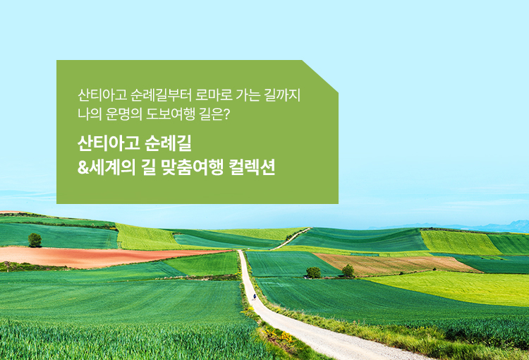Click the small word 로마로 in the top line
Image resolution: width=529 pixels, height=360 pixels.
[x=224, y=95]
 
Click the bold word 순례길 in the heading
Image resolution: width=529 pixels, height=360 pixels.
[x=167, y=143]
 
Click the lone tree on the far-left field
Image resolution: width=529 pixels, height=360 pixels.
[x=35, y=240]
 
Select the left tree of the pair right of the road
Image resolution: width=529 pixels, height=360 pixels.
[x=314, y=272]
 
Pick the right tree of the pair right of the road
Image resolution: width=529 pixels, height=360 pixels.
[x=348, y=270]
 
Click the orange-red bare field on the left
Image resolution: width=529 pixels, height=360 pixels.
[x=85, y=256]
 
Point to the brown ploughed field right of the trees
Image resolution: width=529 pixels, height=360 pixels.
[x=395, y=263]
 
